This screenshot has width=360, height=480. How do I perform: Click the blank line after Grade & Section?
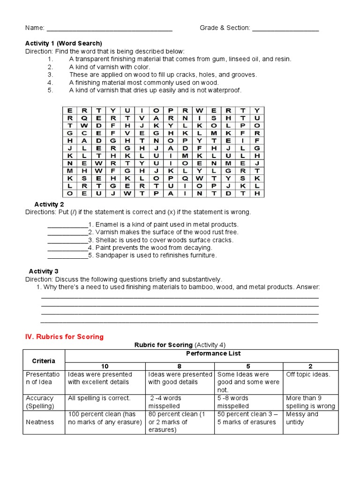(x=285, y=30)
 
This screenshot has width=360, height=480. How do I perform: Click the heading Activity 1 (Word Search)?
(x=63, y=43)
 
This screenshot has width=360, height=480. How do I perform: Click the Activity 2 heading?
(x=49, y=204)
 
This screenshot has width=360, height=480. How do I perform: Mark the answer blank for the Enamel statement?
(x=67, y=225)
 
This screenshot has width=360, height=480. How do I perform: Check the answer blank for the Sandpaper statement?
(x=67, y=256)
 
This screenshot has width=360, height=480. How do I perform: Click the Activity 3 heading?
(x=44, y=271)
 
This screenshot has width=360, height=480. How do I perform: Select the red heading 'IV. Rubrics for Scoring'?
(x=64, y=337)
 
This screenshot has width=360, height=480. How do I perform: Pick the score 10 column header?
(x=105, y=366)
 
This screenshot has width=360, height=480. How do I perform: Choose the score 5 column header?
(x=248, y=366)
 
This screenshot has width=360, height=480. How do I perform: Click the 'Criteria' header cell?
(x=43, y=360)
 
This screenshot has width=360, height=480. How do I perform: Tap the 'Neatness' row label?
(x=40, y=422)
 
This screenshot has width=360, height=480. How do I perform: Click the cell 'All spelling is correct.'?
(x=99, y=398)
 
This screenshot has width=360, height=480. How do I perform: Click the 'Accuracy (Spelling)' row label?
(x=40, y=402)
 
